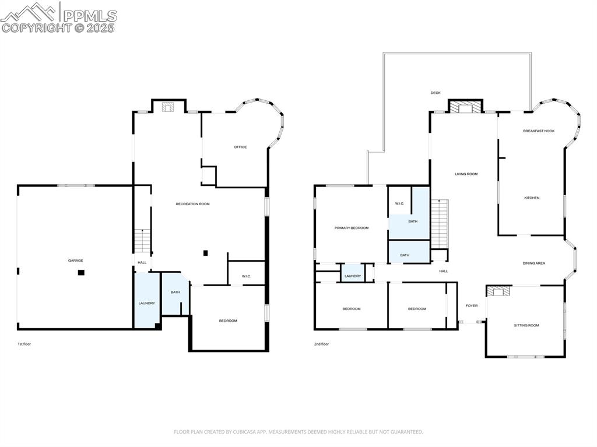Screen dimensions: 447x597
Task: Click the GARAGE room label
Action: (x=75, y=261)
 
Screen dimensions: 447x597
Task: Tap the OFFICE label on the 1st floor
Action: (x=240, y=147)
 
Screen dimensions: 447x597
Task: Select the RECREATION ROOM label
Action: (x=192, y=204)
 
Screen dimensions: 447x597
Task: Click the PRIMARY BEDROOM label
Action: (x=351, y=228)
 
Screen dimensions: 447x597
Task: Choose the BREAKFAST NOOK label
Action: (x=538, y=131)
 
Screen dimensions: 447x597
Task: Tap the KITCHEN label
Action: (x=532, y=198)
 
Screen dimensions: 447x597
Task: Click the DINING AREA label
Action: (x=533, y=263)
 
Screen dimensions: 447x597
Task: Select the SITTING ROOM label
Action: (x=526, y=325)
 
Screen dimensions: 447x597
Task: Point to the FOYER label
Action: (x=471, y=305)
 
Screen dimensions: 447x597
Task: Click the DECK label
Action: (x=436, y=93)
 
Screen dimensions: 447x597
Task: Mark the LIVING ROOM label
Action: (x=466, y=174)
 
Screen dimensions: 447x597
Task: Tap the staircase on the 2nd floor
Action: (x=440, y=223)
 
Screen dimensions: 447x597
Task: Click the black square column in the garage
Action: (x=81, y=272)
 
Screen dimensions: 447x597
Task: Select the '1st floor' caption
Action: (x=24, y=344)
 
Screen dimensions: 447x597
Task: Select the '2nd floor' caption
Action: (x=321, y=344)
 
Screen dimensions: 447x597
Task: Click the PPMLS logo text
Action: (x=90, y=16)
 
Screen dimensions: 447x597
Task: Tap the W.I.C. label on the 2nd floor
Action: (x=399, y=203)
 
